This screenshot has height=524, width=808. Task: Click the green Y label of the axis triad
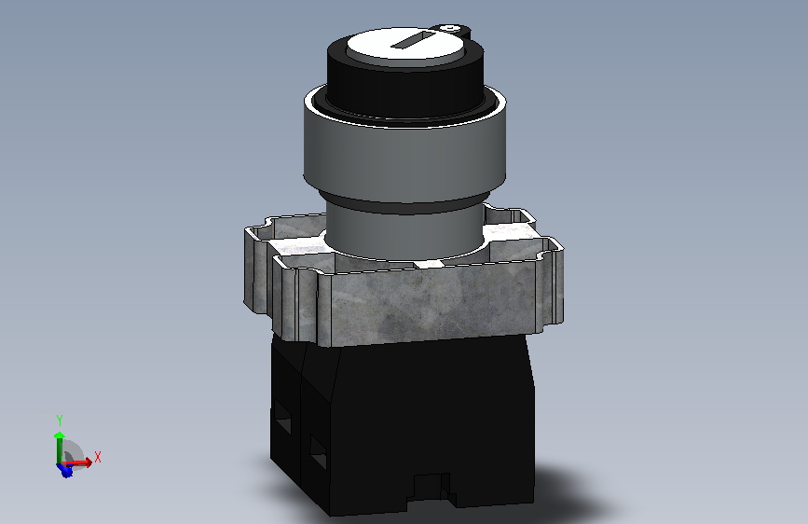pos(60,421)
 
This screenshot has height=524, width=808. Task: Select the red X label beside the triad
pos(98,457)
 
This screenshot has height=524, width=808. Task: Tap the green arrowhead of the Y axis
pos(60,435)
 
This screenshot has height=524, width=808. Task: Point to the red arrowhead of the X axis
pos(89,462)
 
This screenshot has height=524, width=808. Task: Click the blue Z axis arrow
pos(65,470)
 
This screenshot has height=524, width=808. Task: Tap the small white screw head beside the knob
pos(451,27)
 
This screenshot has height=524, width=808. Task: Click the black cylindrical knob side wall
pos(405,88)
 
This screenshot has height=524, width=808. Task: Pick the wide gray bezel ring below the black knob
pos(404,155)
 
